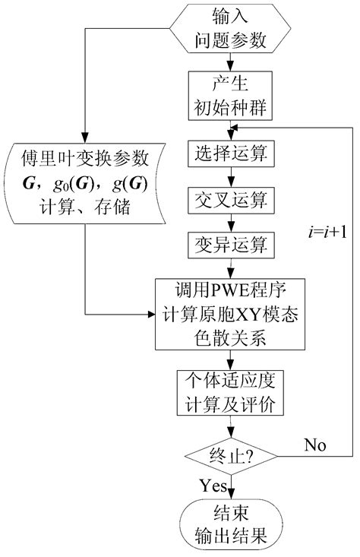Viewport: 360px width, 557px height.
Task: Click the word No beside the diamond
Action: [x=315, y=443]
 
